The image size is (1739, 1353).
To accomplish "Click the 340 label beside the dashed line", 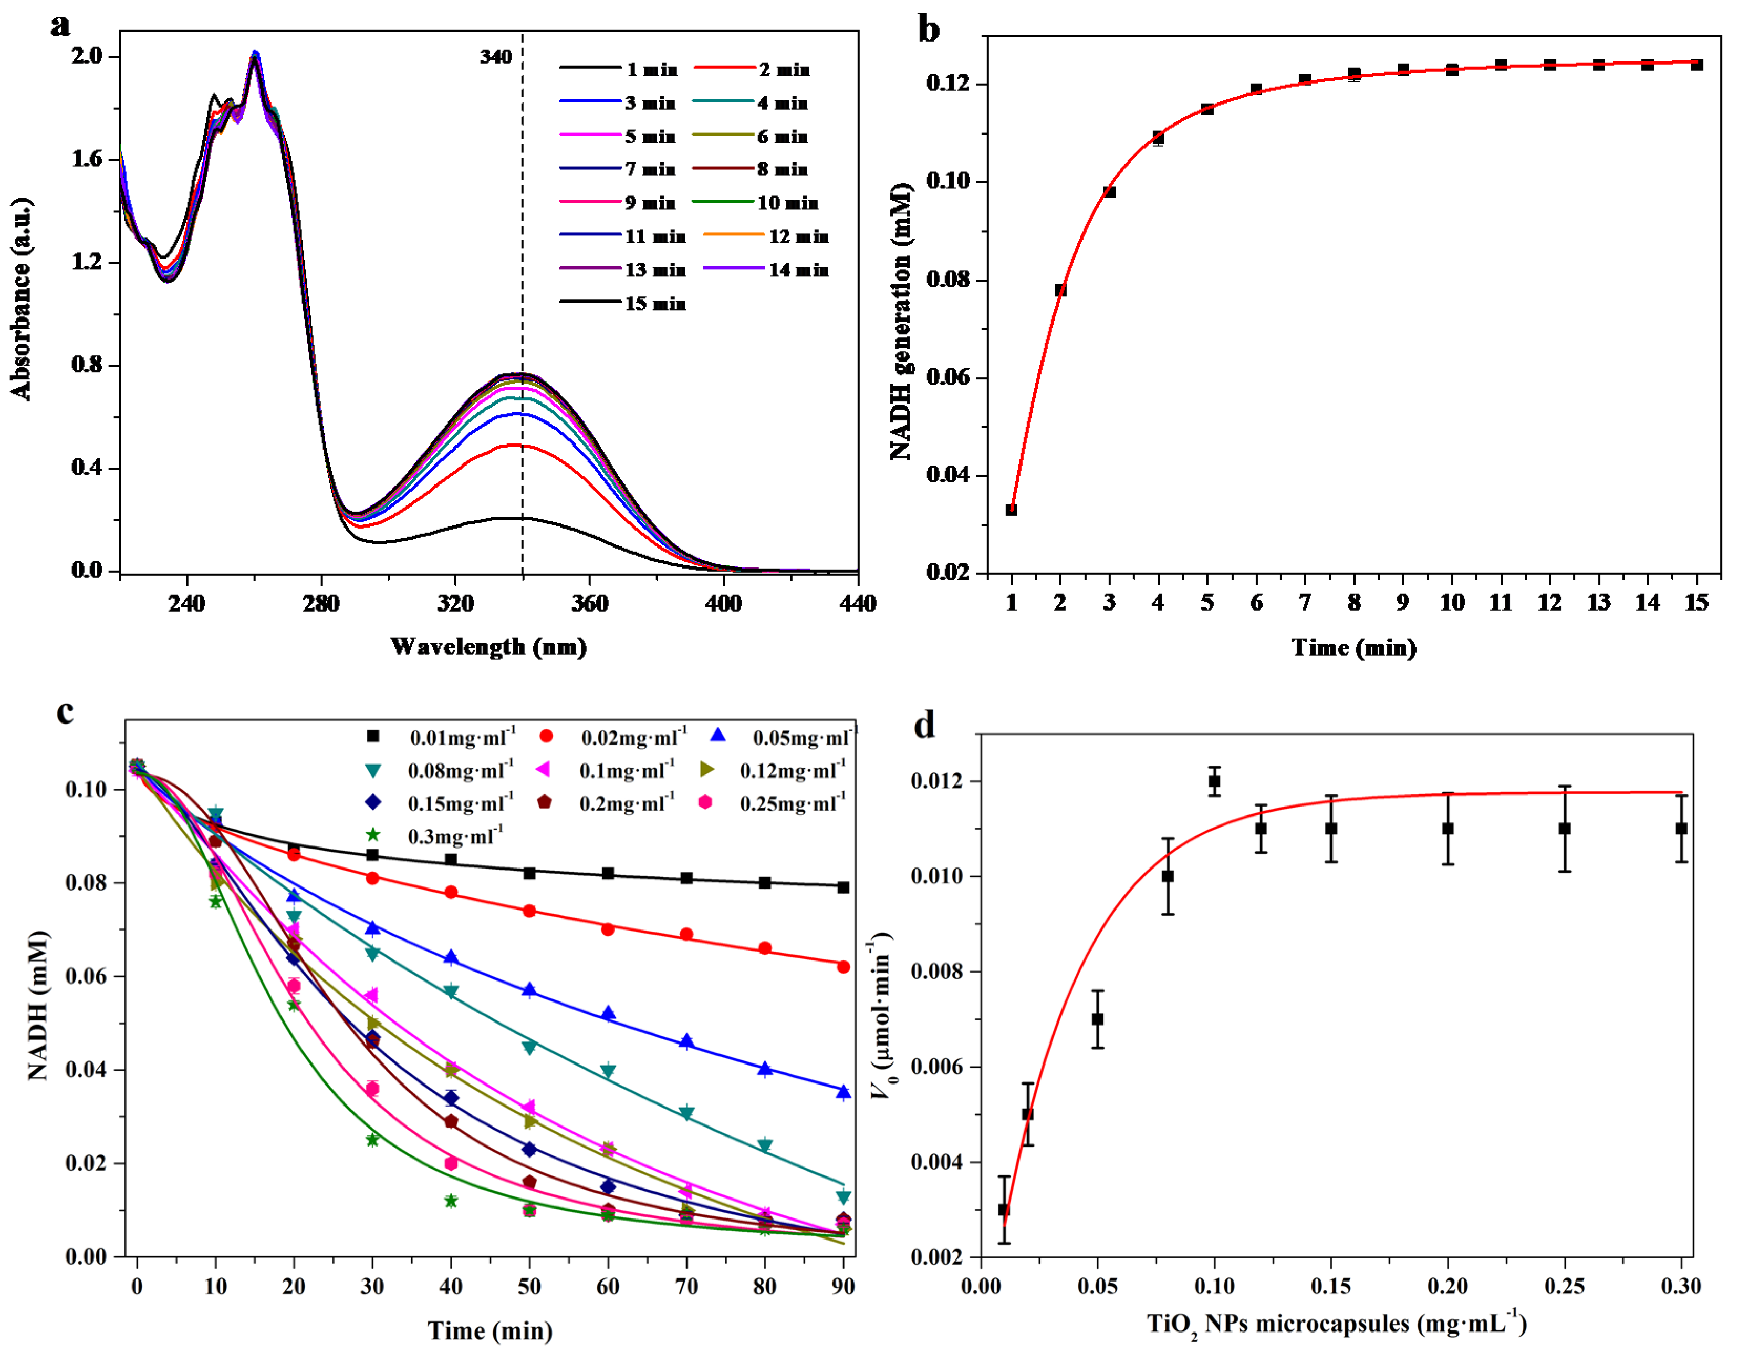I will point(495,57).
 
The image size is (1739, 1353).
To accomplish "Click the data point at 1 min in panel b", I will point(1011,510).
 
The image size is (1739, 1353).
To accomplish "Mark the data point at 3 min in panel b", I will point(1109,192).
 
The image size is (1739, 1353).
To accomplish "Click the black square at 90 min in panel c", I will point(843,887).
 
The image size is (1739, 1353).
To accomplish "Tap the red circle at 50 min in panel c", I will point(529,911).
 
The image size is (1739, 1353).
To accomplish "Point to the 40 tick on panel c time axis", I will point(451,1286).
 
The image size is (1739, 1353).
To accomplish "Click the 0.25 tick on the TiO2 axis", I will point(1564,1286).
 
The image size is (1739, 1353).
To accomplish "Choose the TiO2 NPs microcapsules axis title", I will point(1336,1324).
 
